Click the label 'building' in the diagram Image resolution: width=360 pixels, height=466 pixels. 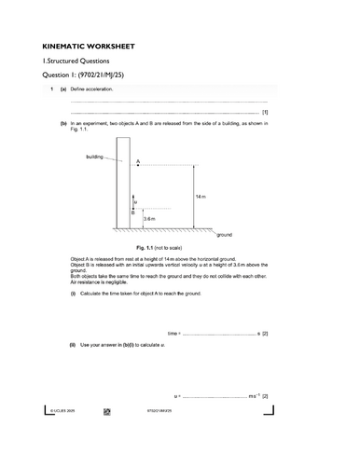pyautogui.click(x=94, y=158)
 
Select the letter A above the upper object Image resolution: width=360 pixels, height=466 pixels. pyautogui.click(x=138, y=161)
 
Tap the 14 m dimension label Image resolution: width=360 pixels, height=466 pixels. pyautogui.click(x=201, y=198)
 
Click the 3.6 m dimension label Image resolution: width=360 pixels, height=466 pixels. pyautogui.click(x=149, y=219)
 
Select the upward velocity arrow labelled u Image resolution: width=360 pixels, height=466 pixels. pyautogui.click(x=133, y=200)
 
